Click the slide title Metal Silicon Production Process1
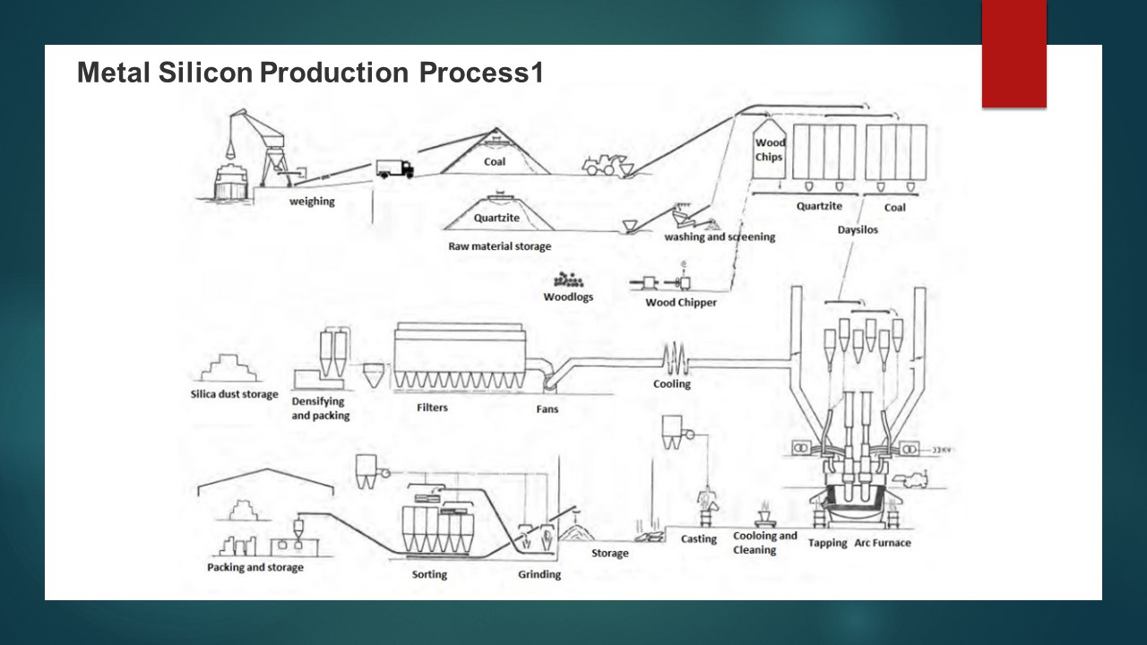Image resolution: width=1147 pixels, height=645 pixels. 310,73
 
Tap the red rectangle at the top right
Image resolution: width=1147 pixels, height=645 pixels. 1013,54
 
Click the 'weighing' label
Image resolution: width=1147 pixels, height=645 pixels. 312,202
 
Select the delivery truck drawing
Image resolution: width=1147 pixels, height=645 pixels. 394,168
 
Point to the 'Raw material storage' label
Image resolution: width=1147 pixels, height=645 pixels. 500,246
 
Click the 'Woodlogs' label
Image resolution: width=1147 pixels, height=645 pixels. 568,297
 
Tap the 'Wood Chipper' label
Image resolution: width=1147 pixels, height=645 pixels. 681,303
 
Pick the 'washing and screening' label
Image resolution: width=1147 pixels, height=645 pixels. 720,237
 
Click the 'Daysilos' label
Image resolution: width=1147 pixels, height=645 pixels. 858,229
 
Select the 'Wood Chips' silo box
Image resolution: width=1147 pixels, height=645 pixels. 769,150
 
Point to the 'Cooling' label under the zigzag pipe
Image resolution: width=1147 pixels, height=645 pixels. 672,384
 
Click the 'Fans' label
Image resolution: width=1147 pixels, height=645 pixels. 547,409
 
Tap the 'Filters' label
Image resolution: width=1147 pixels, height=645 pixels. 432,408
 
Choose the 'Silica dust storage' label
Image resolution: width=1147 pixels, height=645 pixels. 235,394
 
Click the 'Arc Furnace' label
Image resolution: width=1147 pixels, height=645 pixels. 883,543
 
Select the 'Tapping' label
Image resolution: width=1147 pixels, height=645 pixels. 827,544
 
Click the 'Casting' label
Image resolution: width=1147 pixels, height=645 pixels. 699,539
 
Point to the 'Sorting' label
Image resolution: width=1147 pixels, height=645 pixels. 429,574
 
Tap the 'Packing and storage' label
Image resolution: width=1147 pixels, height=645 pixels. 255,567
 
